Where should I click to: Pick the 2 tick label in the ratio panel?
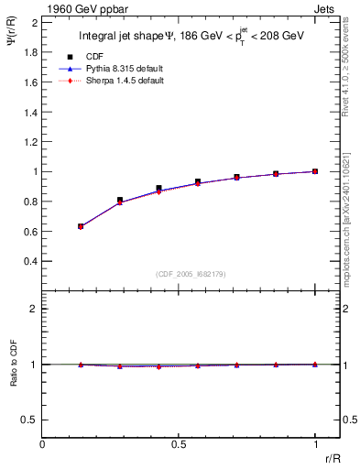pos(34,310)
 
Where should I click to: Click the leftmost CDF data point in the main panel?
pos(81,226)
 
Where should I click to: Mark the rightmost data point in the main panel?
pos(315,171)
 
